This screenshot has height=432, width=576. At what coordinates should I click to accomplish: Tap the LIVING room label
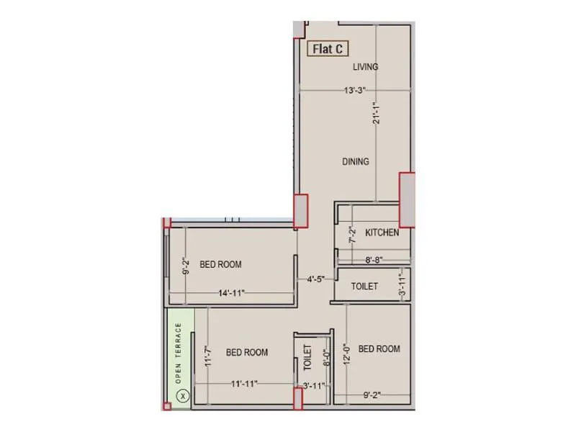365,67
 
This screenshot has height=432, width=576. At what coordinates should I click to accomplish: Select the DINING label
356,161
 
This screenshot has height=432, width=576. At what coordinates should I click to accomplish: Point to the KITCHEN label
382,233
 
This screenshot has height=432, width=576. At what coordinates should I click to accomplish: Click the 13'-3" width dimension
356,91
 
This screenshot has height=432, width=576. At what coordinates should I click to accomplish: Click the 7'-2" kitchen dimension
351,235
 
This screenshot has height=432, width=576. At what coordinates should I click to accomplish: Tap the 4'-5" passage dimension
315,279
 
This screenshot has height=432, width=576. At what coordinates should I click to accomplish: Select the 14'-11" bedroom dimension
230,293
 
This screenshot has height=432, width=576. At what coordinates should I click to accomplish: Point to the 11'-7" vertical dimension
206,358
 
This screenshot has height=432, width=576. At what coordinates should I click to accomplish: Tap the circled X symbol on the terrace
183,395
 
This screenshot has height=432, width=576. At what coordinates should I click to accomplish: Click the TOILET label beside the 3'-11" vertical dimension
364,287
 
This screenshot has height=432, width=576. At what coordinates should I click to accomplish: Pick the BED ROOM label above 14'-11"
220,264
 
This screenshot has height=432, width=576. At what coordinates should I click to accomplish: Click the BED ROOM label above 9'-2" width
379,349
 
